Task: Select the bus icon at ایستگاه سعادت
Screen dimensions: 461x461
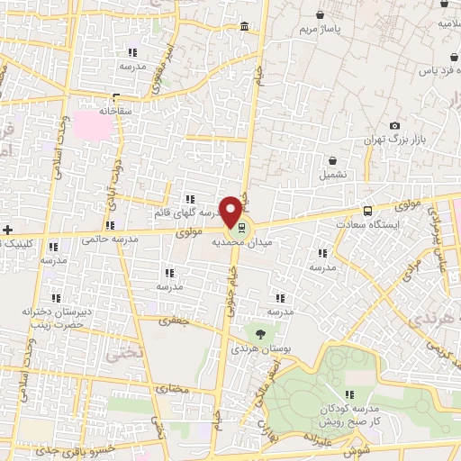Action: click(x=366, y=212)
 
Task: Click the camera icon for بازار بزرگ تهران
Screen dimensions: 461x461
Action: click(x=394, y=126)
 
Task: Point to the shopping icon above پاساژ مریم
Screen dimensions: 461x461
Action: click(x=321, y=14)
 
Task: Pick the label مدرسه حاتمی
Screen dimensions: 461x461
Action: click(x=108, y=240)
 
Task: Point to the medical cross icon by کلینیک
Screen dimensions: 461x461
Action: click(x=8, y=230)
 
